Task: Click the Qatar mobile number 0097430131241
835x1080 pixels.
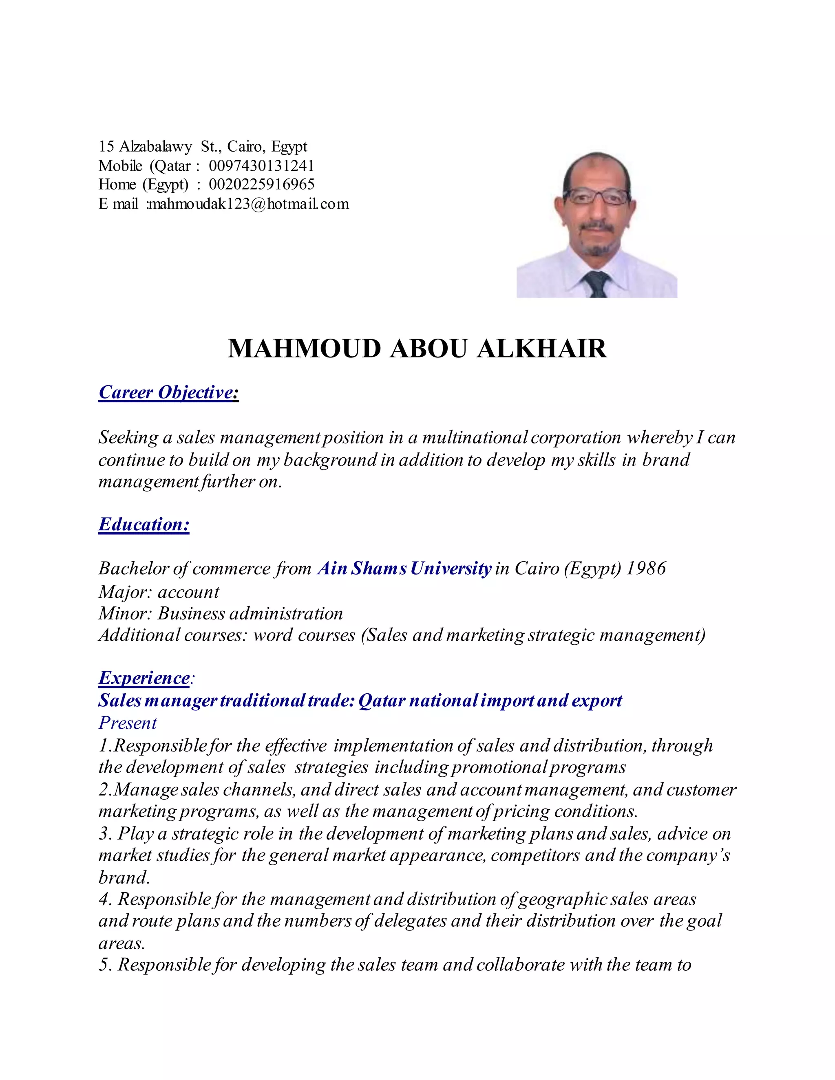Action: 261,165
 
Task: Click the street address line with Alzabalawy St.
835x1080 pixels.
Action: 203,146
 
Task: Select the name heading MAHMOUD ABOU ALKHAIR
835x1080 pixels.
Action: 417,348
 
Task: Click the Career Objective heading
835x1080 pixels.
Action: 168,392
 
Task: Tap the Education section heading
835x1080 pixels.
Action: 144,524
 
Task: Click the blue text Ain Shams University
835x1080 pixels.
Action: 404,568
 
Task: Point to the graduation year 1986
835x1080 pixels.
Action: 646,568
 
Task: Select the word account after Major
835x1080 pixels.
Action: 188,591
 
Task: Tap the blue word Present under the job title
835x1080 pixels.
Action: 128,723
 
